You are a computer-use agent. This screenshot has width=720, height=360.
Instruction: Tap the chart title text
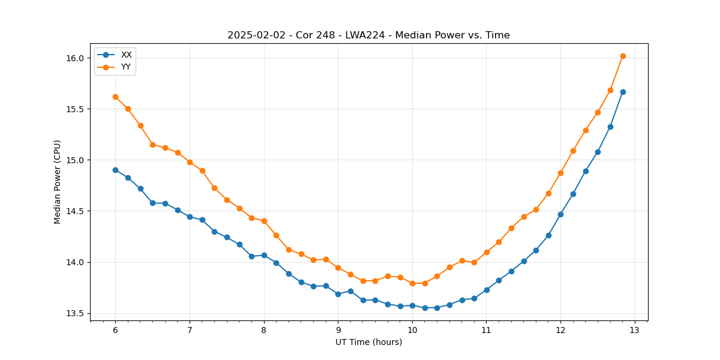coord(368,35)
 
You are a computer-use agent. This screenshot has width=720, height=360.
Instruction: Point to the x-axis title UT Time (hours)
coord(368,342)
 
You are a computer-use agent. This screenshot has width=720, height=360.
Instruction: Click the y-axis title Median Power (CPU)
coord(58,182)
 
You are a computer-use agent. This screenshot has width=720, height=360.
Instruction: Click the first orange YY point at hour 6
coord(115,97)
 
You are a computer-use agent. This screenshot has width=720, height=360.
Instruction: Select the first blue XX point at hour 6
coord(115,170)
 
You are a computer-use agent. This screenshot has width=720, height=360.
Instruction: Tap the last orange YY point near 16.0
coord(623,56)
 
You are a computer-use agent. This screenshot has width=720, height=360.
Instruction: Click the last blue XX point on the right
coord(623,92)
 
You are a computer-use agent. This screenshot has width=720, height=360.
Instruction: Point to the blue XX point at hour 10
coord(412,305)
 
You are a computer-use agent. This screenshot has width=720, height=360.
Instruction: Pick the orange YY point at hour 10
coord(412,283)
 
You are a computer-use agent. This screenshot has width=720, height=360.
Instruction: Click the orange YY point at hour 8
coord(264,221)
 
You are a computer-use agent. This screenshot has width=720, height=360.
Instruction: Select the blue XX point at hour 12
coord(560,214)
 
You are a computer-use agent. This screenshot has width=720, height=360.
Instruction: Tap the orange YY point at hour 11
coord(487,252)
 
